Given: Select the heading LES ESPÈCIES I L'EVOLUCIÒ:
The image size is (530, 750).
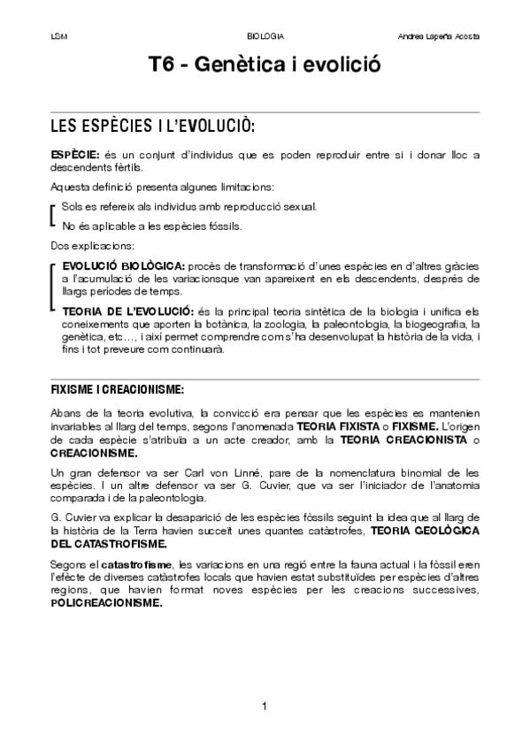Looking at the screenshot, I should coord(153,125).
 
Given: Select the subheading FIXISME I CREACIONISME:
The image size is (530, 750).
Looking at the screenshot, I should coord(117,389).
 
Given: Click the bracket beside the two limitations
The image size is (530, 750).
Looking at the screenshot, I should coord(53,216).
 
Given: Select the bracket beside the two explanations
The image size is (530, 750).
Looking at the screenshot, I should coord(53,287).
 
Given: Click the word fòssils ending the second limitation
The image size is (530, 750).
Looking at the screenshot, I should coord(224,226).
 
